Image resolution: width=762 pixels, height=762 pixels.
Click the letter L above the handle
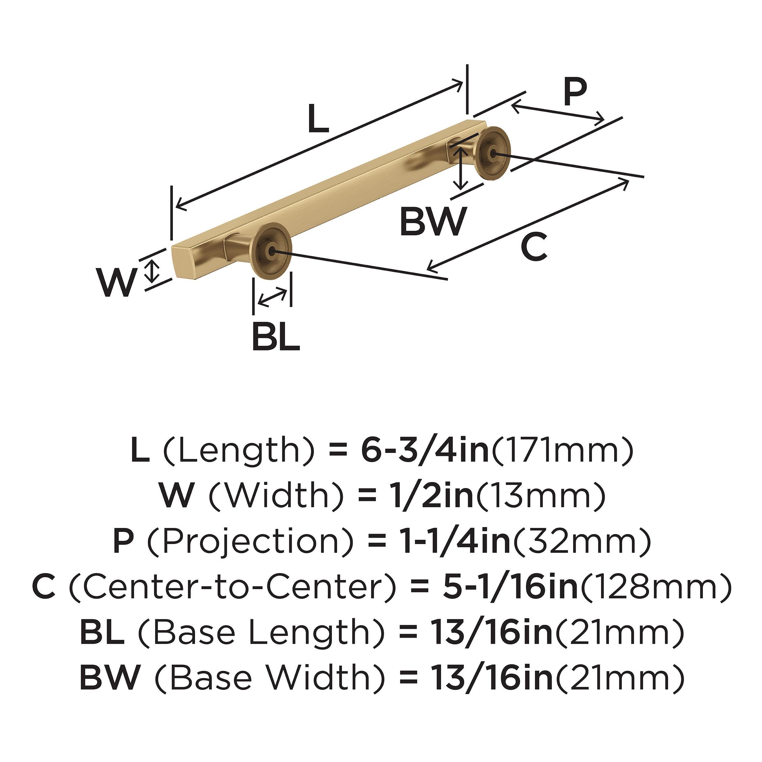tap(318, 118)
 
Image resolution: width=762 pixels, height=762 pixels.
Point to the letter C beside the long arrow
tap(534, 247)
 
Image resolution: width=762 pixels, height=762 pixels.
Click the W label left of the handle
tap(117, 283)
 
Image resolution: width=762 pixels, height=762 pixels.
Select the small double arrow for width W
tap(151, 271)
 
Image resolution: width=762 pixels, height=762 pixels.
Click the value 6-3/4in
tap(425, 451)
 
